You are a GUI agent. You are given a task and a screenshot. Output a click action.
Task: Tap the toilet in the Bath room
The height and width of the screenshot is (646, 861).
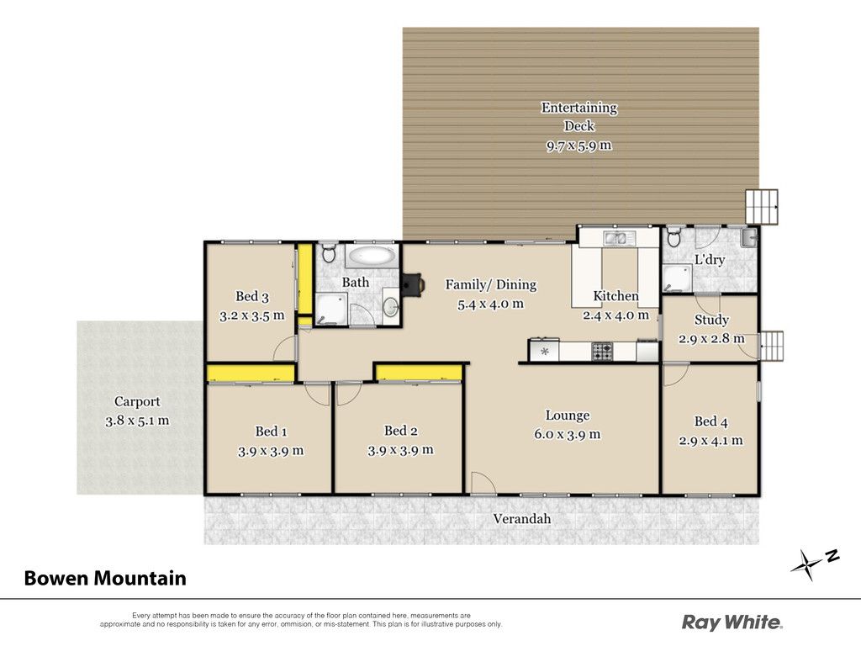(329, 253)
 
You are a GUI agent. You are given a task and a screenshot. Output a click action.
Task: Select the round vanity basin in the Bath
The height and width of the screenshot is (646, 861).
(390, 306)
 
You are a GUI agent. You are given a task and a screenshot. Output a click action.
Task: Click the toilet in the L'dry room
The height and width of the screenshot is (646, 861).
(673, 236)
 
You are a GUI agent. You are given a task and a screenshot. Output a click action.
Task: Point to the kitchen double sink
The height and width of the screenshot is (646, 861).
(620, 238)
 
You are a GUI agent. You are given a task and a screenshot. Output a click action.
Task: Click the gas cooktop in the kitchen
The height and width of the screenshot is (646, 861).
(602, 351)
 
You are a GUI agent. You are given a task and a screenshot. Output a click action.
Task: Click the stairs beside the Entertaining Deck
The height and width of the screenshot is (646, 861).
(762, 207)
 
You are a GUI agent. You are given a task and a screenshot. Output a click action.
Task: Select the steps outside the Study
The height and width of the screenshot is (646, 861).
(772, 346)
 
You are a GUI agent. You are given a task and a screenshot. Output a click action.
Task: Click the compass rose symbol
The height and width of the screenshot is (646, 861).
(811, 564)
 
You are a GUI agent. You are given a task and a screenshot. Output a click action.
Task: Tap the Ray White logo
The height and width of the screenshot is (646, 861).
(732, 622)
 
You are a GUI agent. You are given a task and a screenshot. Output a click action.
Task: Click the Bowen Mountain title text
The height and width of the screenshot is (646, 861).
(105, 578)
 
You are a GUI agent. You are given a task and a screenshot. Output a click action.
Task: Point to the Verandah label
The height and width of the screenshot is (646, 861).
(521, 518)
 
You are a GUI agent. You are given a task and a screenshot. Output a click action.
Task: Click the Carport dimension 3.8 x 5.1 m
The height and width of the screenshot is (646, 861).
(137, 421)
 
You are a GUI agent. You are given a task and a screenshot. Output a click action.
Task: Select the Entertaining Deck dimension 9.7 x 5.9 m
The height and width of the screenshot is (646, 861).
(578, 146)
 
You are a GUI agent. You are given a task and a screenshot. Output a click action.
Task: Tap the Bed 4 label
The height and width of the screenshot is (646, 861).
(711, 421)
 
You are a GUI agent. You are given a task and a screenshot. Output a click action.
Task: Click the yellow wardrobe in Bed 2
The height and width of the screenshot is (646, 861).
(420, 372)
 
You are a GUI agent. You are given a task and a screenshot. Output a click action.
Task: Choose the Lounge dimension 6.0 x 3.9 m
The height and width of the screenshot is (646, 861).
(568, 434)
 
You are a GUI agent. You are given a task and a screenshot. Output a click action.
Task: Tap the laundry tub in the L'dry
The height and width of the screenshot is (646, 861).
(748, 238)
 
